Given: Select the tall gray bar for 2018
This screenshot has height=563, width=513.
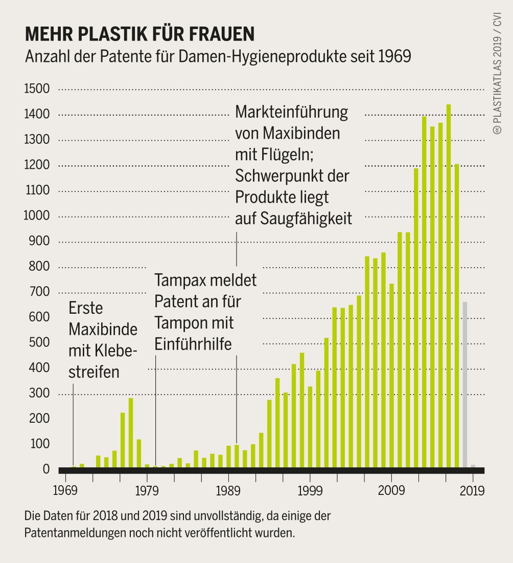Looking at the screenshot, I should (464, 384).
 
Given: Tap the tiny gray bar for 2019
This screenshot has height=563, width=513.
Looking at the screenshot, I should (473, 466).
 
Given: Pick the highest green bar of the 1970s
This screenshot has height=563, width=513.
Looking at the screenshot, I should (131, 432).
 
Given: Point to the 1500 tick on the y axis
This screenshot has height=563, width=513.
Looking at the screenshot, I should (37, 90).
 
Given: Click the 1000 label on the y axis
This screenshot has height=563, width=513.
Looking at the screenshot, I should (37, 216).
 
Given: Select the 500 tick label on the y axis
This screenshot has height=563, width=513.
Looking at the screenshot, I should (40, 343).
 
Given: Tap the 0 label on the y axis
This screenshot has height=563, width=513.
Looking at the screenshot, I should (46, 469).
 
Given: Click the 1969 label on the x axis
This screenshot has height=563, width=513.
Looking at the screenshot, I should (65, 491).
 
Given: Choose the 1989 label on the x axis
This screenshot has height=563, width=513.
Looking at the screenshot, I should (228, 491).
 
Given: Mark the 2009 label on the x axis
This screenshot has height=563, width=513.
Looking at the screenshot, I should (391, 491).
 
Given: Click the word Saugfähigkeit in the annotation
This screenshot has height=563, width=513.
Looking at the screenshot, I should (306, 219).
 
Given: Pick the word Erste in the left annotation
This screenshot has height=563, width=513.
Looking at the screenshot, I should (85, 309).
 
